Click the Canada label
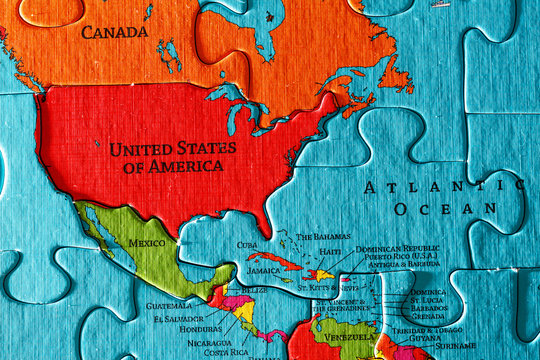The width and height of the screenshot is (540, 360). [x=114, y=32]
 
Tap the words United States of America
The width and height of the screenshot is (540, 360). [x=173, y=157]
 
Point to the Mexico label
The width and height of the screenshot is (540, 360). [x=146, y=243]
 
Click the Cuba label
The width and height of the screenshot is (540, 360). [x=247, y=245]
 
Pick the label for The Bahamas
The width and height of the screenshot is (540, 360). [x=323, y=237]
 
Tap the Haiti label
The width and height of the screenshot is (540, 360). [x=330, y=251]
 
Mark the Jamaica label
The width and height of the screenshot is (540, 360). [x=262, y=270]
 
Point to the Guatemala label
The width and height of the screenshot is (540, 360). [x=168, y=306]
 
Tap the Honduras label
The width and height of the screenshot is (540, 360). [x=201, y=330]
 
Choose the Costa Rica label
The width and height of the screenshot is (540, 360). [x=227, y=352]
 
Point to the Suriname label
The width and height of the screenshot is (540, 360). [x=457, y=346]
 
